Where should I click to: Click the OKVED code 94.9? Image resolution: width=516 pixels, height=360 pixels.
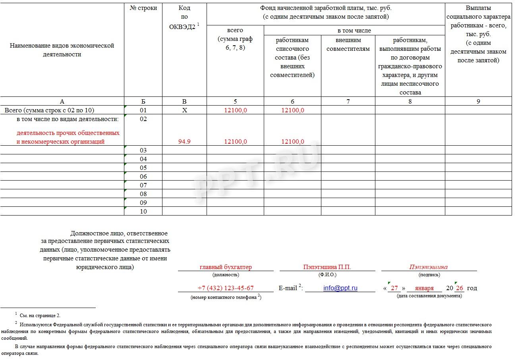tap(184, 142)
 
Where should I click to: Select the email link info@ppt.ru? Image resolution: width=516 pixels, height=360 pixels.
tap(340, 288)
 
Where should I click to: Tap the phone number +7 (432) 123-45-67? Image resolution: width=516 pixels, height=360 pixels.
tap(225, 288)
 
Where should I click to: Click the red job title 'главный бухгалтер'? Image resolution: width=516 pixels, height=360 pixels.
tap(226, 267)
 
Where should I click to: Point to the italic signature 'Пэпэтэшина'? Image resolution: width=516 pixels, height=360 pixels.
tap(428, 267)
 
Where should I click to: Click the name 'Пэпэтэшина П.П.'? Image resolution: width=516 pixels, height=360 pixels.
tap(327, 267)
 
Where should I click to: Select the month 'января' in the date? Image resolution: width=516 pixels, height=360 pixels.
tap(424, 288)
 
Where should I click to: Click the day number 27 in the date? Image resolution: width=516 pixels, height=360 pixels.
tap(394, 288)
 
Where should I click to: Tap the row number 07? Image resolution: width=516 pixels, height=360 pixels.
tap(143, 185)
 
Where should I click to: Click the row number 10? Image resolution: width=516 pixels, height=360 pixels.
tap(143, 212)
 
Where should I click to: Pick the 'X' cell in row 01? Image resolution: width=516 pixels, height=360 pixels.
tap(184, 110)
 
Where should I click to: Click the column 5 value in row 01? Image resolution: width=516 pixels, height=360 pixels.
tap(235, 110)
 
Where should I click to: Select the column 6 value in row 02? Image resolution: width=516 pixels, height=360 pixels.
tap(293, 142)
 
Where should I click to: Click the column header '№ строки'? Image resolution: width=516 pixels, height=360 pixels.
tap(143, 8)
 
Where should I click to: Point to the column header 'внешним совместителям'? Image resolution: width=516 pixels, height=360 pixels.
tap(348, 44)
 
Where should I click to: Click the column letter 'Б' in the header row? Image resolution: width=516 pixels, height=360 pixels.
tap(143, 101)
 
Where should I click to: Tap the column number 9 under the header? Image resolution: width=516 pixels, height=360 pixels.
tap(478, 101)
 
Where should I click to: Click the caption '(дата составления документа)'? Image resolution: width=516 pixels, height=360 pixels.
tap(429, 296)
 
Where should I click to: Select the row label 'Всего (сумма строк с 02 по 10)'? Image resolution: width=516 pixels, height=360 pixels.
tap(49, 110)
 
